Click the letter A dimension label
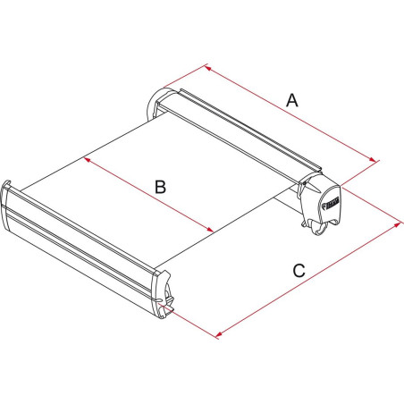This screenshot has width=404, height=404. click(291, 102)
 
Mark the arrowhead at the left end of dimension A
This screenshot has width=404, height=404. click(208, 67)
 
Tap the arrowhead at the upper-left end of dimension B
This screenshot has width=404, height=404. click(87, 160)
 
